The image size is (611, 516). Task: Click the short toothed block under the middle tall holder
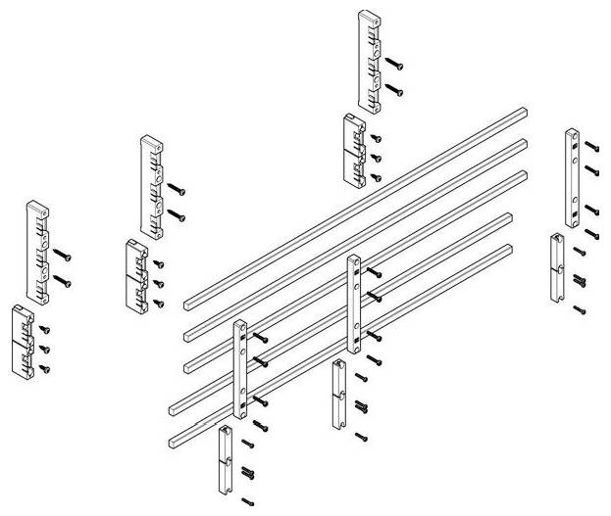136,273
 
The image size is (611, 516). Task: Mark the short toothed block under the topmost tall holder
353,148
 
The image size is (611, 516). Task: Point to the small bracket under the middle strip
338,393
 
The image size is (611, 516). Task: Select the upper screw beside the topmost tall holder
393,64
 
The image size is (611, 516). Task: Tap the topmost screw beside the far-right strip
590,145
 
